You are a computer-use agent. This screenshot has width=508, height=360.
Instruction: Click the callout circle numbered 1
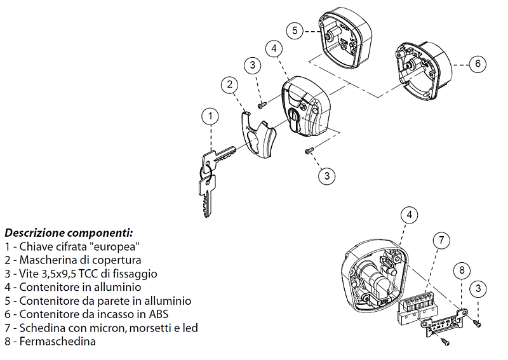click(x=210, y=116)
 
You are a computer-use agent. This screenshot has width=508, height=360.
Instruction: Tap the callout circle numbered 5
click(x=294, y=30)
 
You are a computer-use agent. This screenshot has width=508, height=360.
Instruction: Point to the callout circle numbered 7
click(x=442, y=241)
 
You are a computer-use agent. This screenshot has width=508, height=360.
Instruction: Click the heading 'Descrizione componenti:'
click(x=69, y=232)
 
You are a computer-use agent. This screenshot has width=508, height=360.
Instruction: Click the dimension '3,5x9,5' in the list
click(x=59, y=274)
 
